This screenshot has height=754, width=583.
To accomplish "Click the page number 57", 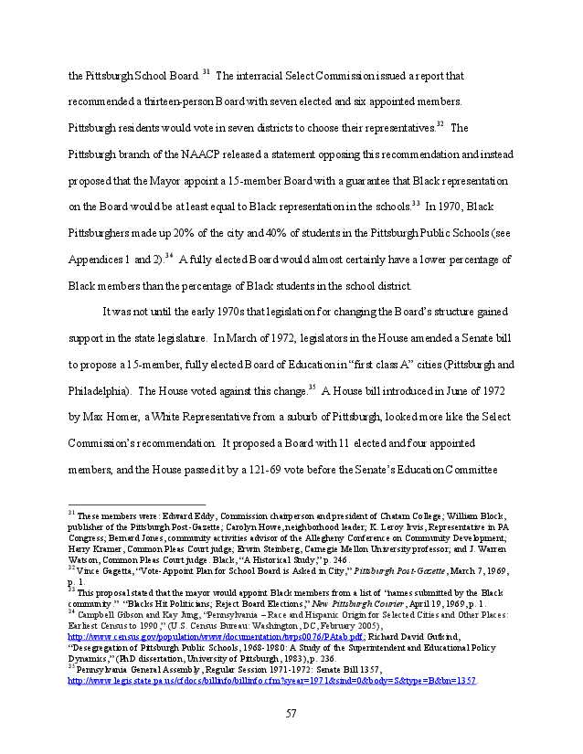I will (291, 713).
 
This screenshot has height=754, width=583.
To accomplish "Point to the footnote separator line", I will (136, 504).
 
